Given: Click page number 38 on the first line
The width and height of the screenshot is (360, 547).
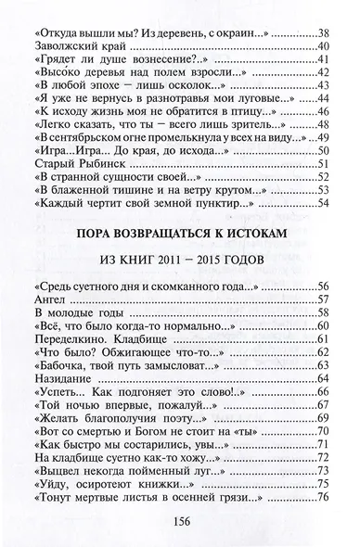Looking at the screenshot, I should pyautogui.click(x=324, y=30).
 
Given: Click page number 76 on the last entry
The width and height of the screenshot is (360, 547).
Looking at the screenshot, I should pyautogui.click(x=324, y=498).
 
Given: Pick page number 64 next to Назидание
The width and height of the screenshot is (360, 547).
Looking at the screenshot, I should pyautogui.click(x=324, y=378).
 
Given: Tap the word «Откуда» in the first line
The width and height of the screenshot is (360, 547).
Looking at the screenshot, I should pyautogui.click(x=63, y=30).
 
